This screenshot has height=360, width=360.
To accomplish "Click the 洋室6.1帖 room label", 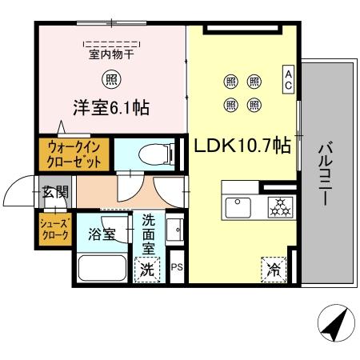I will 113,106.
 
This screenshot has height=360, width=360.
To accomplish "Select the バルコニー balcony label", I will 324,173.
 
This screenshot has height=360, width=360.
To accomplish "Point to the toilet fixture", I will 153,151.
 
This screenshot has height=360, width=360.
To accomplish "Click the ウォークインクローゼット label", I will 74,154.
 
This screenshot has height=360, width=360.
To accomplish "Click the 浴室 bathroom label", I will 102,234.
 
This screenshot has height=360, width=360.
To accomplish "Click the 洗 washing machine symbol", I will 147,270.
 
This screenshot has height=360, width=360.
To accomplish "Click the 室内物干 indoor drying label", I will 111,54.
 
